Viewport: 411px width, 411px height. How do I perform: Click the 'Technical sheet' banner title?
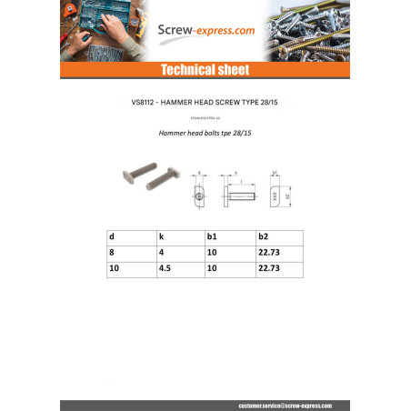tap(205, 70)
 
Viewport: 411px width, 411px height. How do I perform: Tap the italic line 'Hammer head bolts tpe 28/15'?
tap(205, 133)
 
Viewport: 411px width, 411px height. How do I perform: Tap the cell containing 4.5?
tap(163, 269)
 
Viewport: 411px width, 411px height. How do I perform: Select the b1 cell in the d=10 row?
tap(214, 269)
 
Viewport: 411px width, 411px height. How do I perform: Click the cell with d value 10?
tap(113, 269)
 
